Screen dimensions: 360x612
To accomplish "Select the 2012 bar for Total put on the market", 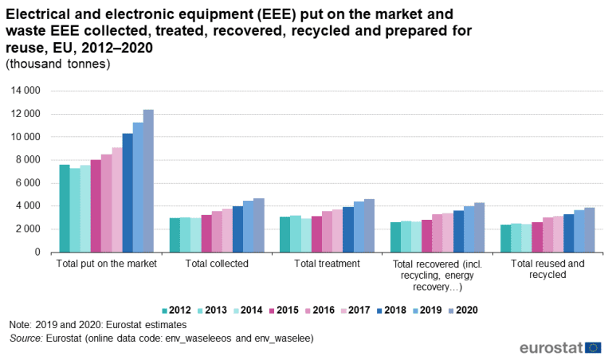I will (65, 208).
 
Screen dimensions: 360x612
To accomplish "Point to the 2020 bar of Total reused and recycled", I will (589, 230).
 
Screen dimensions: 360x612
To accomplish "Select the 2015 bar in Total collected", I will (206, 233).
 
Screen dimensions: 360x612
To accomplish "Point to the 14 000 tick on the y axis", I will (25, 91).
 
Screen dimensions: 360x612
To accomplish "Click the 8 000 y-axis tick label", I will (28, 160).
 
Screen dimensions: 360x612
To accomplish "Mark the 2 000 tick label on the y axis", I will (28, 229).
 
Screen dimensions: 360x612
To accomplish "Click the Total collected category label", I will (217, 263).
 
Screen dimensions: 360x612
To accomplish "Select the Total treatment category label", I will (327, 263).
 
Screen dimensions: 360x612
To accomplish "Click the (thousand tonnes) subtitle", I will (57, 64).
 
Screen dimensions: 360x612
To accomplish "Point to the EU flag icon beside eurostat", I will (593, 347).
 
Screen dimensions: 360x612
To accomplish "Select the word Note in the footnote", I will (20, 325).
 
